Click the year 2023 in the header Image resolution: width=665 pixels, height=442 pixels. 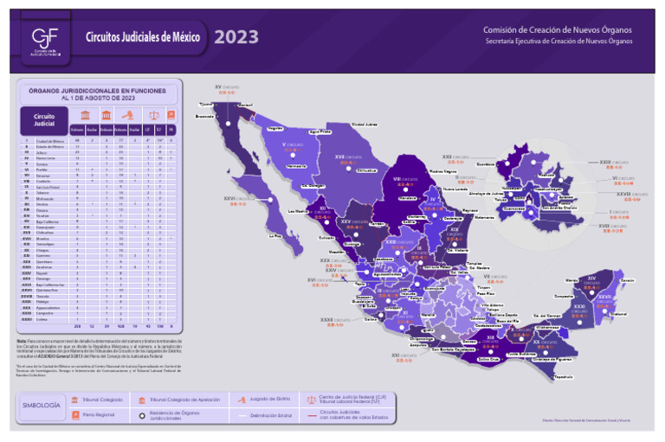236,36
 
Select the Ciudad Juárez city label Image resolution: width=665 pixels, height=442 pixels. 357,124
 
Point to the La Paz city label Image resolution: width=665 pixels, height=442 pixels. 276,235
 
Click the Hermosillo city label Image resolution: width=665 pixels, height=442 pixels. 296,164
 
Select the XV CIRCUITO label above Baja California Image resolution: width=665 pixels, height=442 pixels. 229,87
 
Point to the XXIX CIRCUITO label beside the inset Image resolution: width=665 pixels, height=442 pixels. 617,162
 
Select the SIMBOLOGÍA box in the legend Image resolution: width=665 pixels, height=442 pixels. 41,406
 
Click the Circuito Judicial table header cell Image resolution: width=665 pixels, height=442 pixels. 44,119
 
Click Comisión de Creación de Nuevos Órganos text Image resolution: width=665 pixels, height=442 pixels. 557,29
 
